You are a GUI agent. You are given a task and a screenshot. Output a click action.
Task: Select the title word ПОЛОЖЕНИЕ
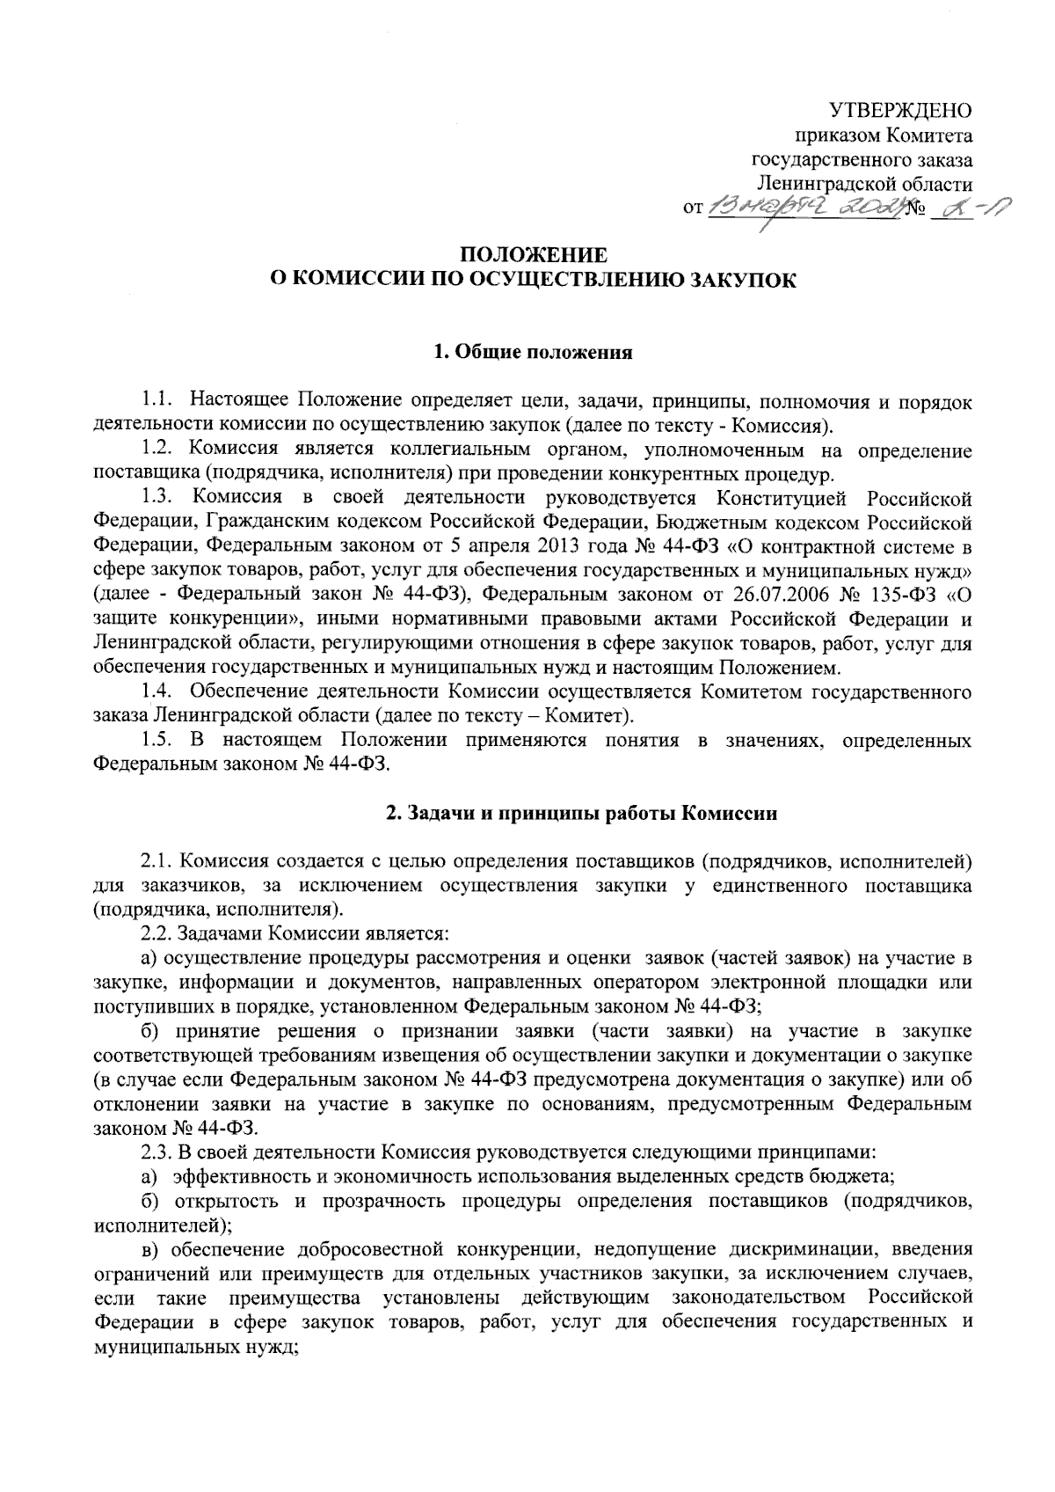tap(534, 257)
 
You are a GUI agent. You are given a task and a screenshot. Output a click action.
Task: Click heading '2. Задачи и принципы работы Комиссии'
tap(582, 814)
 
